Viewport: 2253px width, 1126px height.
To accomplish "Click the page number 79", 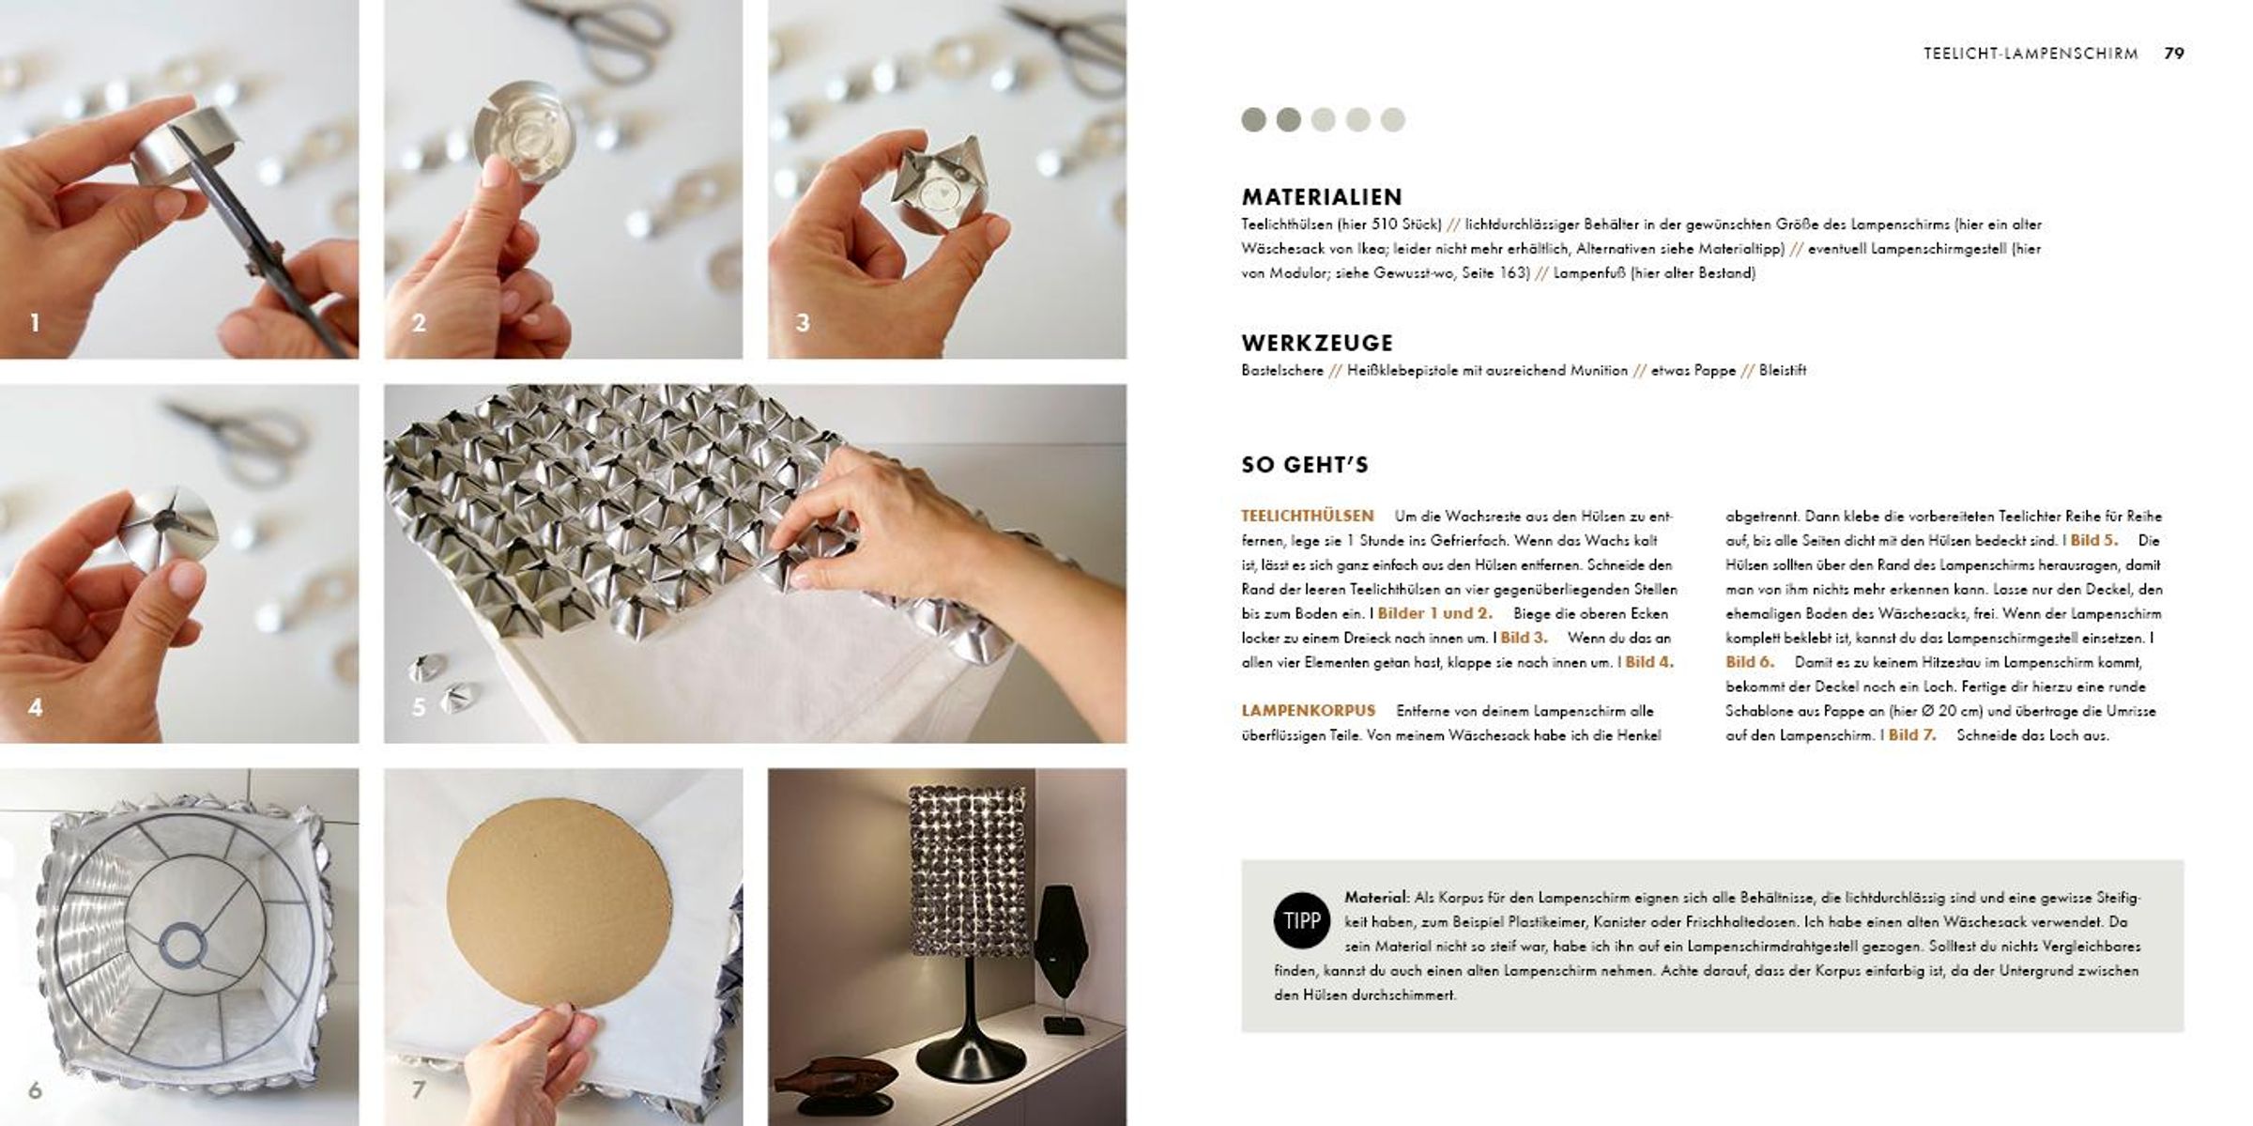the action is (x=2174, y=54).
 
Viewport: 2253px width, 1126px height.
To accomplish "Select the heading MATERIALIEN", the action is (x=1322, y=196).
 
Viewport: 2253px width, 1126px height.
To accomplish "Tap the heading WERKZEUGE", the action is (x=1317, y=343).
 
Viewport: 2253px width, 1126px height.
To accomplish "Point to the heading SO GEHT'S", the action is (x=1305, y=464).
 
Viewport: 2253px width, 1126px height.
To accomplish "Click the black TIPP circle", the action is (x=1302, y=920).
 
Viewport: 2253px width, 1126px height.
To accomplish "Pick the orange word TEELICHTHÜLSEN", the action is (x=1307, y=516).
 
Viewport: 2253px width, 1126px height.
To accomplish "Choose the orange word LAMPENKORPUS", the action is (x=1308, y=711).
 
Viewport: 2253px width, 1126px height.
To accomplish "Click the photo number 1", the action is (x=35, y=323).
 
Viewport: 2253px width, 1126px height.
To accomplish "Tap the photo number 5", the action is (x=419, y=707).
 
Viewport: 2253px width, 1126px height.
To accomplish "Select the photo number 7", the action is (x=419, y=1089).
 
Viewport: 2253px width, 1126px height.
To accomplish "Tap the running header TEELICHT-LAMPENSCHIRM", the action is (x=2031, y=54).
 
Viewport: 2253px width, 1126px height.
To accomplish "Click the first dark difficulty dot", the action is (x=1253, y=119).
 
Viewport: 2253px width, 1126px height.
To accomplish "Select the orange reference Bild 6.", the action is (x=1750, y=662).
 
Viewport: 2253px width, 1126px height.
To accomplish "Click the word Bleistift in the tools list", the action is (x=1783, y=370).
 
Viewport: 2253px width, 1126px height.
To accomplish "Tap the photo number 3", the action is (x=803, y=323).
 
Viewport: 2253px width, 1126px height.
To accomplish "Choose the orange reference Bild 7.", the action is (x=1912, y=735).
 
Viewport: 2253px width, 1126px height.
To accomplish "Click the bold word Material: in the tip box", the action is (x=1377, y=898).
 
